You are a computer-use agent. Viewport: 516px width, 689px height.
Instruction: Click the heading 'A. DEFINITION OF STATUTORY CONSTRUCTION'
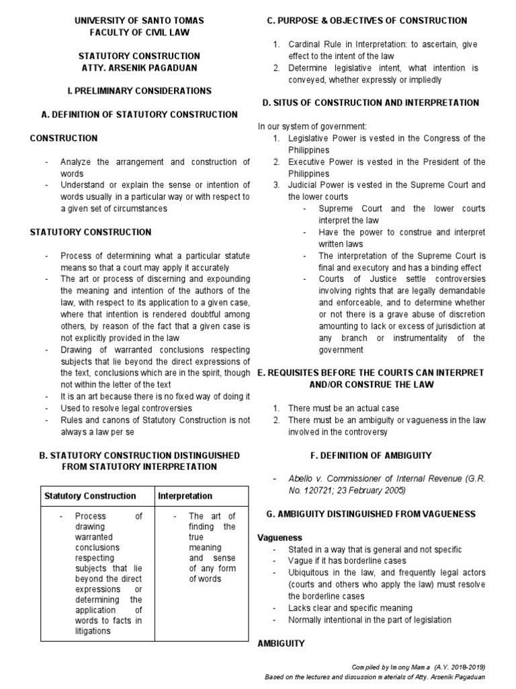pos(139,114)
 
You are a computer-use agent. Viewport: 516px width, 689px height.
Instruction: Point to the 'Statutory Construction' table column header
pos(90,496)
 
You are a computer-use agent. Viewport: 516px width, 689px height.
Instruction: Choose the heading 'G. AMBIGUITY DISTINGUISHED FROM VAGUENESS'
pos(376,514)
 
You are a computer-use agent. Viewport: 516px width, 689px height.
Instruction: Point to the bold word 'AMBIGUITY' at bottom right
pos(282,644)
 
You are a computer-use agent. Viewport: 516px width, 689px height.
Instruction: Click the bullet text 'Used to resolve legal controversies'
pos(126,408)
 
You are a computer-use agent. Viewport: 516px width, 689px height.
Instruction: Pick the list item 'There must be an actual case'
pos(343,408)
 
